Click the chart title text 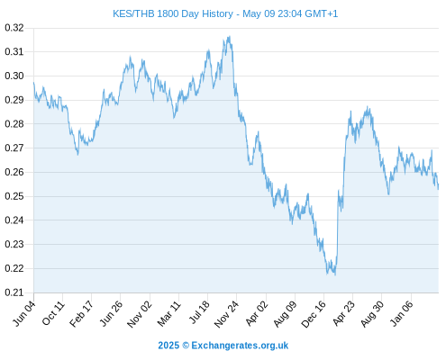point(225,13)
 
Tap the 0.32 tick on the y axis point(14,28)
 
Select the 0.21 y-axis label point(14,292)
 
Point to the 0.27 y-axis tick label point(14,148)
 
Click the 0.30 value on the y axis point(14,76)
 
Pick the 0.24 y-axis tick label point(14,220)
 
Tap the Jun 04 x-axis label point(24,313)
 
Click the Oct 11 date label point(53,313)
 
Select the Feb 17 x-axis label point(82,313)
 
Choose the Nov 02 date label point(140,314)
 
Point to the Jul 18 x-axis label point(198,312)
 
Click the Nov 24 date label point(226,314)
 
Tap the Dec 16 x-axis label point(314,314)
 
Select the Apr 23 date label point(343,313)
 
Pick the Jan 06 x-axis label point(401,313)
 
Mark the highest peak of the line point(230,36)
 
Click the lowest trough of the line point(335,274)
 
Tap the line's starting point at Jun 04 point(33,82)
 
